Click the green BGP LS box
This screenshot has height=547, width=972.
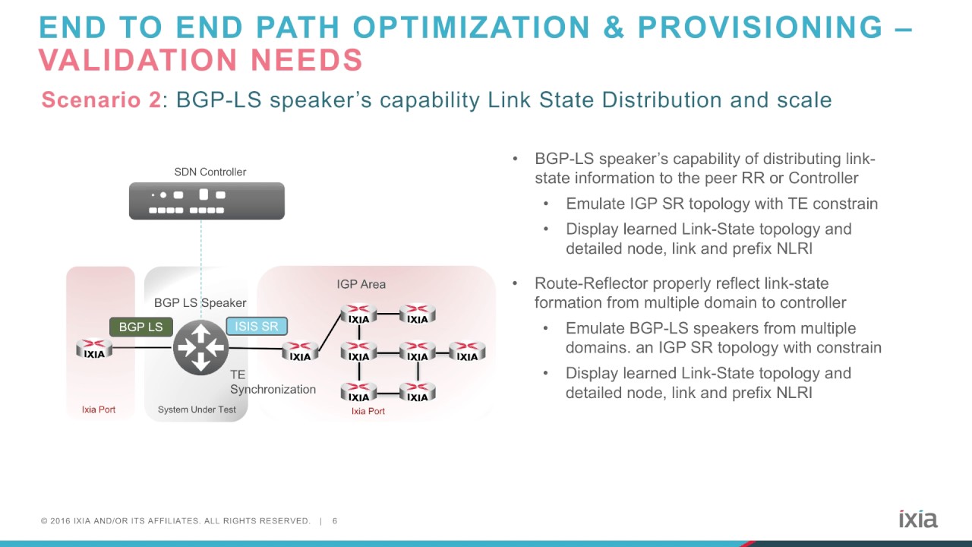[x=140, y=327]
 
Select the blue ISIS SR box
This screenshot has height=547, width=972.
[x=257, y=327]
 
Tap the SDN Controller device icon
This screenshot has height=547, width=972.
[x=207, y=201]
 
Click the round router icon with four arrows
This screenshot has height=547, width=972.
[x=200, y=348]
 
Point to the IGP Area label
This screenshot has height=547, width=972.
[x=361, y=284]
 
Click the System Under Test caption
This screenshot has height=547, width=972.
[x=197, y=409]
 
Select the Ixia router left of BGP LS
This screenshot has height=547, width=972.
[x=95, y=349]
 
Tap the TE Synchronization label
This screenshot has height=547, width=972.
[x=272, y=382]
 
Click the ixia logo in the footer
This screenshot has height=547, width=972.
[x=918, y=519]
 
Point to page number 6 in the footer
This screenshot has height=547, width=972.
[x=335, y=521]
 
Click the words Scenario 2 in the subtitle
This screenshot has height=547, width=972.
[x=101, y=100]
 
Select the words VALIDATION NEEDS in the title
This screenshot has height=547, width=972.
[x=200, y=60]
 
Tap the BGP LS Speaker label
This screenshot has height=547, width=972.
[x=200, y=303]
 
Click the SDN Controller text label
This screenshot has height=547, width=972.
[x=210, y=172]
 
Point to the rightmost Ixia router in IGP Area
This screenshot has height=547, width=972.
[x=467, y=352]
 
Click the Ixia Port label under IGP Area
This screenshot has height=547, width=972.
[x=368, y=411]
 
